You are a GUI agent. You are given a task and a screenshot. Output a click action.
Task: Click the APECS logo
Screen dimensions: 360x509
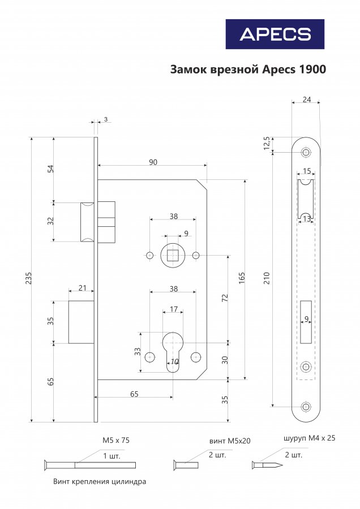(x=275, y=34)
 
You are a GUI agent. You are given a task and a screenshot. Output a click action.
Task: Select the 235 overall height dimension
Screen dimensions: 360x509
(x=29, y=278)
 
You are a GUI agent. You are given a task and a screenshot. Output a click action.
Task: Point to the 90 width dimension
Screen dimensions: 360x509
(x=153, y=162)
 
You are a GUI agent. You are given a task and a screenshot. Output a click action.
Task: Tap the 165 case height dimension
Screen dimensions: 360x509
(x=242, y=278)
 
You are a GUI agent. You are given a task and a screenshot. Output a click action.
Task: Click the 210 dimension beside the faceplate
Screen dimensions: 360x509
(x=267, y=278)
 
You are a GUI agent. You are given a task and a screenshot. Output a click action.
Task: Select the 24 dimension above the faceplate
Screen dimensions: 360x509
(x=307, y=100)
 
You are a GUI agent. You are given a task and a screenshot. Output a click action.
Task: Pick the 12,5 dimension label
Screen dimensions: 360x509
(x=267, y=143)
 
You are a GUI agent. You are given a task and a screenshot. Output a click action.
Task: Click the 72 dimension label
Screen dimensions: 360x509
(x=225, y=298)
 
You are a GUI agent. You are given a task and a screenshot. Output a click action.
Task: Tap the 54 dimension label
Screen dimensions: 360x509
(x=50, y=169)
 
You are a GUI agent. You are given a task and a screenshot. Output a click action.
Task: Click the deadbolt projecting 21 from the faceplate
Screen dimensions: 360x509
(x=82, y=322)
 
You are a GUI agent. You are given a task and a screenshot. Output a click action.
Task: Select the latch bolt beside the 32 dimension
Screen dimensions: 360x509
(x=87, y=222)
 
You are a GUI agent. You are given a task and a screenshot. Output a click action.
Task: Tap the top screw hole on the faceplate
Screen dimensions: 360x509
(x=306, y=152)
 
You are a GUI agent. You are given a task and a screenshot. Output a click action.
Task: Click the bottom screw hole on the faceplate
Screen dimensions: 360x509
(x=306, y=407)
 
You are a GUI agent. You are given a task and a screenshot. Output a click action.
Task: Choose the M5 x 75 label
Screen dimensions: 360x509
(x=116, y=440)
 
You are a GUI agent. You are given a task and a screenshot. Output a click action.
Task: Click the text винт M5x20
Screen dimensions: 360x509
(x=230, y=441)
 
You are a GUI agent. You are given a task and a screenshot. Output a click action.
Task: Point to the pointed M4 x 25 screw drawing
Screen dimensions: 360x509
(x=267, y=465)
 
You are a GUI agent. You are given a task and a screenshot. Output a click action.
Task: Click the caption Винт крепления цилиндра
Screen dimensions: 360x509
(x=100, y=481)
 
